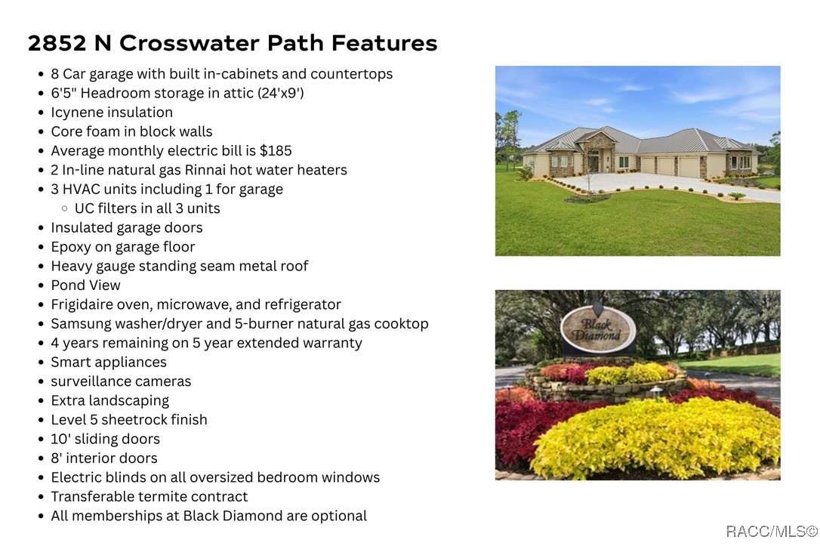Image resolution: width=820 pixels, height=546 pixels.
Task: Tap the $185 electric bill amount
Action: click(276, 150)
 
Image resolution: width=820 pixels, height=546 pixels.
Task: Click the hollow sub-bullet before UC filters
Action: click(64, 208)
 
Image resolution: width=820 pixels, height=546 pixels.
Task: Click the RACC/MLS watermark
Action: click(772, 532)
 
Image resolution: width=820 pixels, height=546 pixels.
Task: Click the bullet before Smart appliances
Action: click(41, 362)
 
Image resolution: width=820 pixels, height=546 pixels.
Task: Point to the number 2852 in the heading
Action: click(57, 43)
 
